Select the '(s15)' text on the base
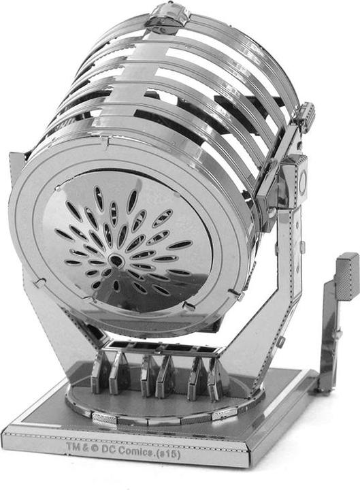(x=169, y=454)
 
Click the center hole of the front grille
(x=116, y=260)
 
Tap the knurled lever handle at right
(x=347, y=276)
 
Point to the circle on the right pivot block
(x=303, y=180)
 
